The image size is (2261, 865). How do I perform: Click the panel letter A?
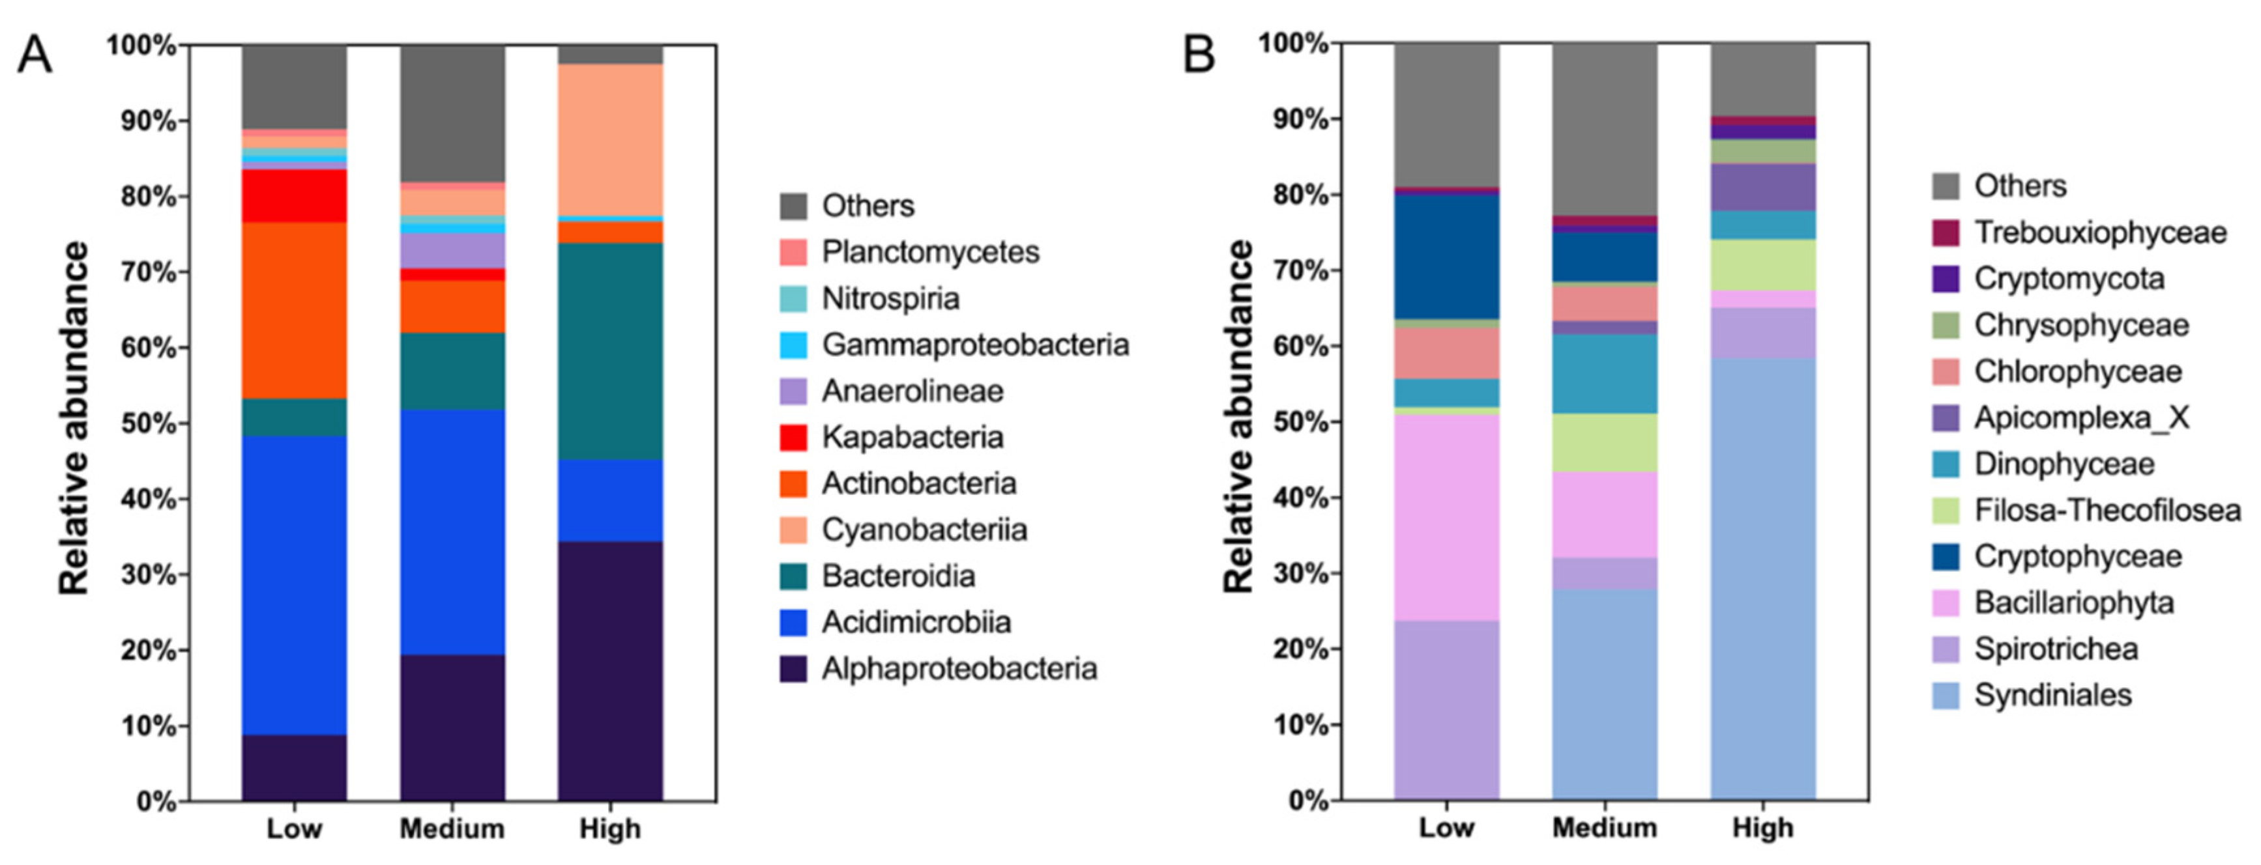click(35, 55)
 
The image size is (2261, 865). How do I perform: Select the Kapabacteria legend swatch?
click(793, 437)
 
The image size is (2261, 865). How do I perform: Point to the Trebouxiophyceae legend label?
click(2099, 233)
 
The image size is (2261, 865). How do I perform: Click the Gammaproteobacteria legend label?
click(974, 345)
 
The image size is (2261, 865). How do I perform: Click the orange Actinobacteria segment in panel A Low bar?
click(294, 311)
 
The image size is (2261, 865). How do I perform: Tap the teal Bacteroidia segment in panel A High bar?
click(610, 351)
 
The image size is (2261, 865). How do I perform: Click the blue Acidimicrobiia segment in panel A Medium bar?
click(452, 532)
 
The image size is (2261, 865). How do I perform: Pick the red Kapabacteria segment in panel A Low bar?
click(294, 195)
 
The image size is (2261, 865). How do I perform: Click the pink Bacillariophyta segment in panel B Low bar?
click(1446, 518)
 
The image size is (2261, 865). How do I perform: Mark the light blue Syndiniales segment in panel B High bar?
click(1762, 579)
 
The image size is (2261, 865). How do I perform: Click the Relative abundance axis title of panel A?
click(74, 418)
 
